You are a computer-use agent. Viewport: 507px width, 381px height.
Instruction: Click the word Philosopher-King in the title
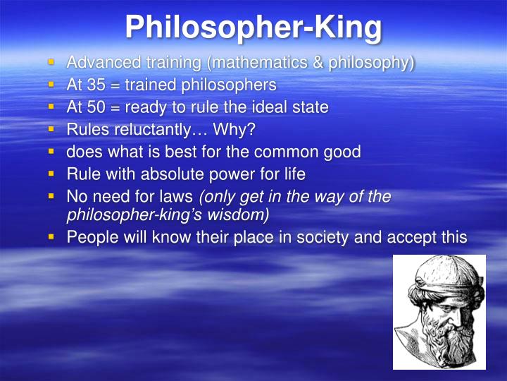[254, 27]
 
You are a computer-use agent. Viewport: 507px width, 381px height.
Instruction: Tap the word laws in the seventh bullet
[179, 196]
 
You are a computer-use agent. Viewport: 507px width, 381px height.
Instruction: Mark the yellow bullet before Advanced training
[51, 63]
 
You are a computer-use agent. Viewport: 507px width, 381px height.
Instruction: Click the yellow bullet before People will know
[51, 237]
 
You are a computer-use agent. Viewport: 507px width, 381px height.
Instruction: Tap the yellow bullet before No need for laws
[51, 196]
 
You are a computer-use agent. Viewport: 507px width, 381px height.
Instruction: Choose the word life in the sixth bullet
[293, 173]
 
